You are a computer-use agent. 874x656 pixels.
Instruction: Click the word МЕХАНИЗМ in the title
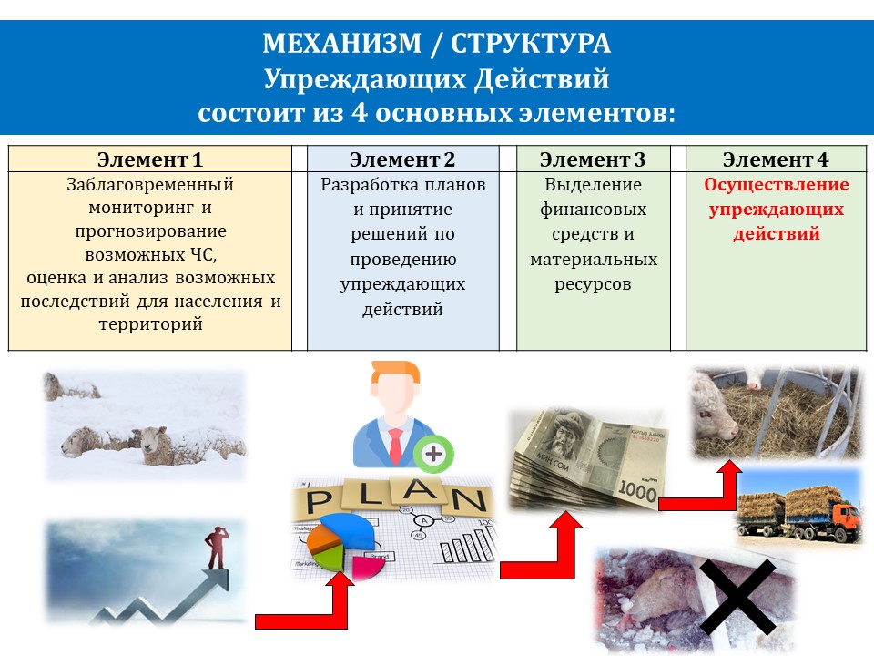(x=341, y=43)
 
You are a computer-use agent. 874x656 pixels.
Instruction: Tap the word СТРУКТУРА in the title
(x=531, y=43)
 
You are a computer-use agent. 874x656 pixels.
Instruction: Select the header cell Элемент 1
(x=150, y=159)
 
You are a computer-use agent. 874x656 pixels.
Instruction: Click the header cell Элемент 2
(x=402, y=159)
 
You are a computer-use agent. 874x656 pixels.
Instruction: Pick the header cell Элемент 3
(x=593, y=159)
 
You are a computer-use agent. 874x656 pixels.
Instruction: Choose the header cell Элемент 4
(x=776, y=159)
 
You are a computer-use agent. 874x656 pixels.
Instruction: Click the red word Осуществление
(x=777, y=185)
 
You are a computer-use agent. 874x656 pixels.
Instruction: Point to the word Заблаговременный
(x=150, y=185)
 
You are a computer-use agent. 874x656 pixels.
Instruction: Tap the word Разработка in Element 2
(x=366, y=185)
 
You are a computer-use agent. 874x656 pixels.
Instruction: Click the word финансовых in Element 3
(x=593, y=210)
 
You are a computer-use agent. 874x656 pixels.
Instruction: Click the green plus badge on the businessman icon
(x=433, y=454)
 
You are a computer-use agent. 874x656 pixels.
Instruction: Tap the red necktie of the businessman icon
(x=396, y=446)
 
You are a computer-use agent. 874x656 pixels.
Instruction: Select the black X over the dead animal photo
(x=737, y=597)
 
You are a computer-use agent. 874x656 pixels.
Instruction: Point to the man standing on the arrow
(x=217, y=548)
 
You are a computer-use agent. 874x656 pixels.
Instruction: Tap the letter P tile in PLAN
(x=320, y=501)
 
